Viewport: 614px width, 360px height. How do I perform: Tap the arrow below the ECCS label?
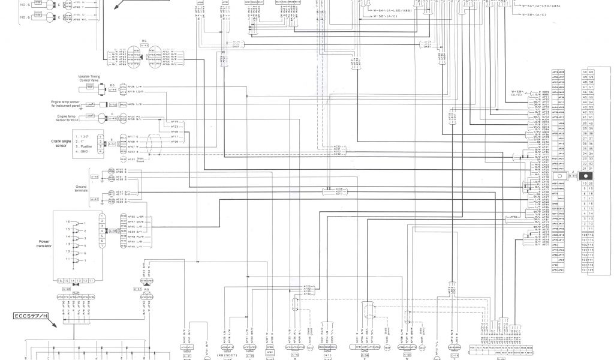coord(55,324)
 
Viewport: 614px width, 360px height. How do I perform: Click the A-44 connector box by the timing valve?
coord(112,89)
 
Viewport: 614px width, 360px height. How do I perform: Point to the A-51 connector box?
coord(112,145)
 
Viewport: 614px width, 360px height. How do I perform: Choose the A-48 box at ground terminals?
coord(95,177)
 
